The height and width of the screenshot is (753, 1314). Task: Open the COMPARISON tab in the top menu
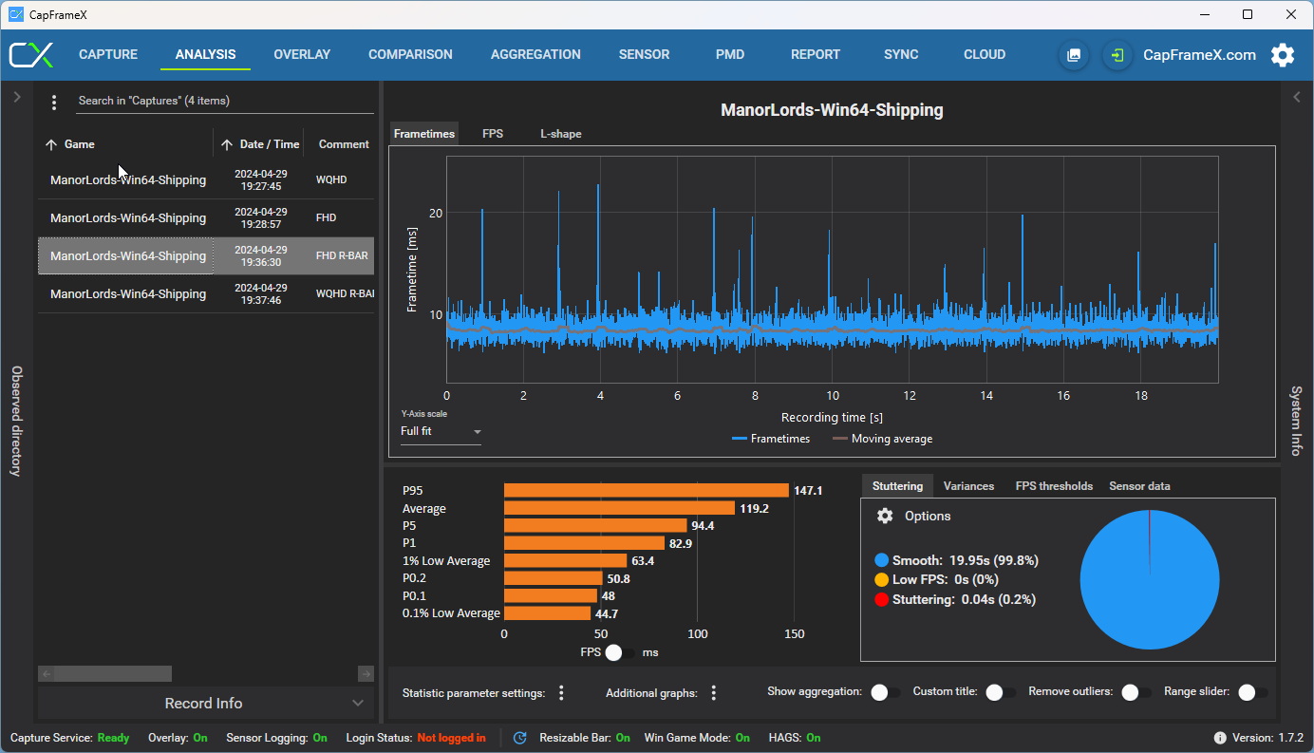click(410, 54)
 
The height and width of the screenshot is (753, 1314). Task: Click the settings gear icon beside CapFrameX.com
click(1283, 55)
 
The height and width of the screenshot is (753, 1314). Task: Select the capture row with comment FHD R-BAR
click(206, 255)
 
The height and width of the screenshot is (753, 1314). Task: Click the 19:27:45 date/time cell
click(261, 180)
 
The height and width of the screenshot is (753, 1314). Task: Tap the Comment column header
click(344, 144)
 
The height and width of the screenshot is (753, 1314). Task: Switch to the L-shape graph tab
click(561, 134)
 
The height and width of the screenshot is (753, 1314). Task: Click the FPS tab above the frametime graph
click(493, 134)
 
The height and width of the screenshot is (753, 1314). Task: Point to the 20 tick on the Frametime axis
click(436, 213)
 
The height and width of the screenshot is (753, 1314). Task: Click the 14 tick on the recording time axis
click(986, 396)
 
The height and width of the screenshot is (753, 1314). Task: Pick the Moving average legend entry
click(883, 439)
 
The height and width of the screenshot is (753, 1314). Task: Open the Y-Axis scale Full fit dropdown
click(441, 431)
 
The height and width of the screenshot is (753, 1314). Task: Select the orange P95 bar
click(647, 490)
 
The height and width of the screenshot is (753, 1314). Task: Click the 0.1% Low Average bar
click(547, 613)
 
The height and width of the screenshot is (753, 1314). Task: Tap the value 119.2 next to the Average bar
click(754, 508)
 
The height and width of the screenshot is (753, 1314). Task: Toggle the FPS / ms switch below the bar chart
click(619, 652)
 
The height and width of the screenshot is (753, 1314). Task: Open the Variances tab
click(968, 486)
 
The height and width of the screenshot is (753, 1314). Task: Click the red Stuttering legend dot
click(881, 600)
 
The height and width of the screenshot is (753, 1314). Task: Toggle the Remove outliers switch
click(1136, 692)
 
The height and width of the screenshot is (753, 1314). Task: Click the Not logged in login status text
click(451, 738)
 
